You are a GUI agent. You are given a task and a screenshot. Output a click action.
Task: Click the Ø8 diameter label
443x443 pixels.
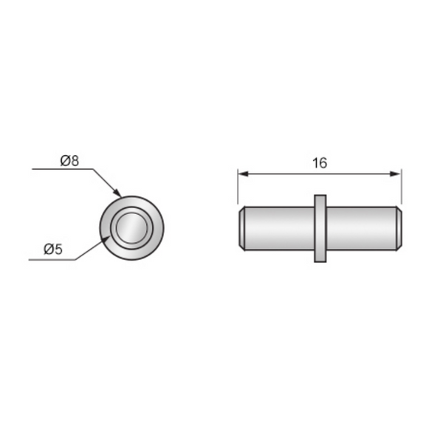coord(69,160)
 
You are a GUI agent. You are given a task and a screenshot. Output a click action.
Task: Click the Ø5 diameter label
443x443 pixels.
coord(53,250)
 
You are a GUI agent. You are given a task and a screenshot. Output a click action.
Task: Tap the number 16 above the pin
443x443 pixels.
coord(319,163)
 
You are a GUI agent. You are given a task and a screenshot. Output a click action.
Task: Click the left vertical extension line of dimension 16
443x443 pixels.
coord(238,188)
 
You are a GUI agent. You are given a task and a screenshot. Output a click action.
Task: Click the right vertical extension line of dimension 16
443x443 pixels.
coord(401,188)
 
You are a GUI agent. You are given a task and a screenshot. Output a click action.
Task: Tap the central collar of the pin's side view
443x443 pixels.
coord(320,228)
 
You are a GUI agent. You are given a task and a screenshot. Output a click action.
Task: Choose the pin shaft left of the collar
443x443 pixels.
coord(277,228)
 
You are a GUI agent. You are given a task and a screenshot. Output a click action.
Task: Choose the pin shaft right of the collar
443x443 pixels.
coord(362,228)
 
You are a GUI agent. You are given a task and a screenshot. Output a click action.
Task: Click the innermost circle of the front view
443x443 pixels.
coord(132,227)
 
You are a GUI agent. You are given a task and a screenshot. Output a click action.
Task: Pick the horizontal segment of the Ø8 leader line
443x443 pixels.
coord(63,170)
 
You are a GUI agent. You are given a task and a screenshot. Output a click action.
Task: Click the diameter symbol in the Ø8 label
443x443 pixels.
coord(65,160)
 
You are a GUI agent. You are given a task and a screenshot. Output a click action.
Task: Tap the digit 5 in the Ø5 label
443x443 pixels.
coord(58,250)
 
